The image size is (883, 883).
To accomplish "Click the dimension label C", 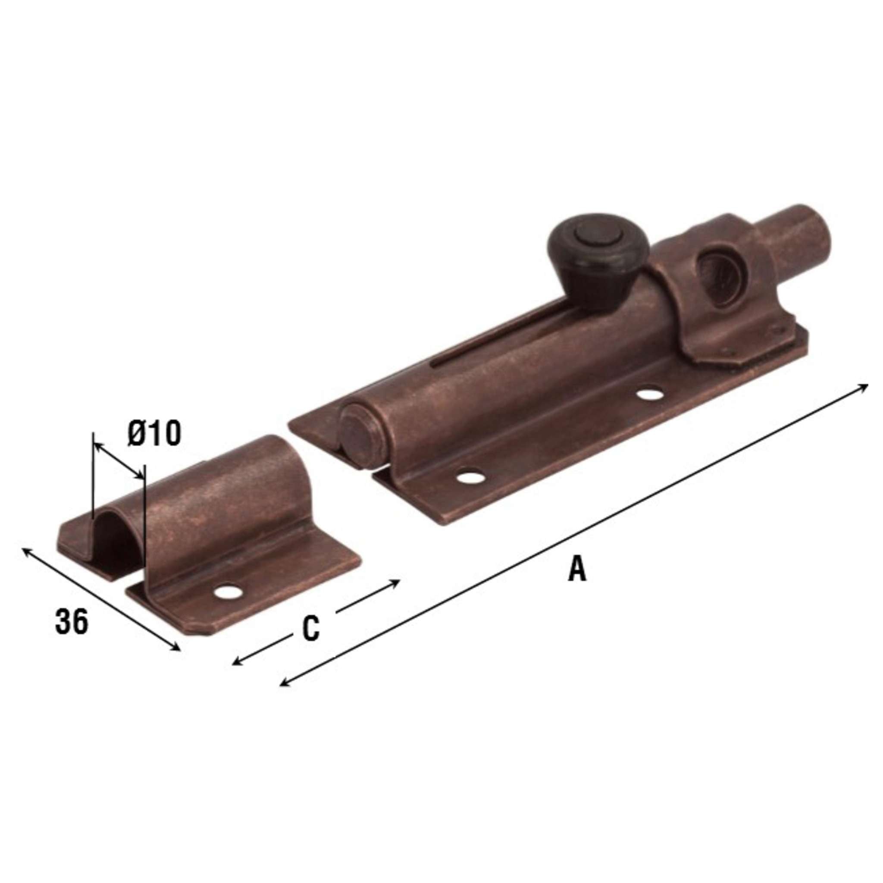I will (x=310, y=629).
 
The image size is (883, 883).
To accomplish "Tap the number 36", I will (x=71, y=623).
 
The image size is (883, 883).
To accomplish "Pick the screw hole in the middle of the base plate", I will (x=650, y=394).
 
